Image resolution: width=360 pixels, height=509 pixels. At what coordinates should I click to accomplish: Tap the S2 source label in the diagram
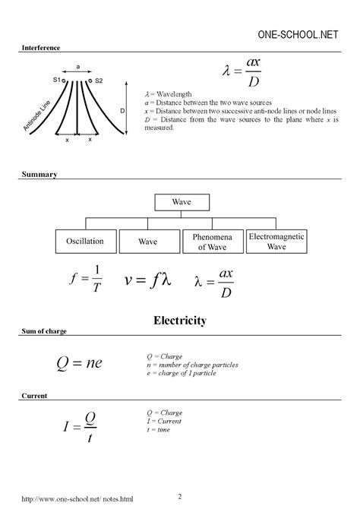coord(99,80)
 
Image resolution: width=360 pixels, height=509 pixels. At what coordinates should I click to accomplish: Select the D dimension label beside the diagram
coord(123,111)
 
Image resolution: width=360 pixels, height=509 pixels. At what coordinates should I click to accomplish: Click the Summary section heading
coord(35,175)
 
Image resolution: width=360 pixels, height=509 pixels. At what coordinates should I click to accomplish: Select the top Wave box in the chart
coord(181,203)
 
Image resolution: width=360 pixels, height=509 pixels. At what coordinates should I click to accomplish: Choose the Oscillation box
coord(84,242)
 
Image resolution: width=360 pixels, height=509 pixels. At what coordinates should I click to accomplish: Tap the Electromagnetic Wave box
coord(276,242)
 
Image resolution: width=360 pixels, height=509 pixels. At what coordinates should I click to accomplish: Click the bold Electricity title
coord(180,321)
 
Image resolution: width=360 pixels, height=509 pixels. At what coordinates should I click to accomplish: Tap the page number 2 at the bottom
coord(180,496)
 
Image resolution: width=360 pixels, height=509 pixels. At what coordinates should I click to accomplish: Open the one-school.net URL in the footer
coord(72,499)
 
